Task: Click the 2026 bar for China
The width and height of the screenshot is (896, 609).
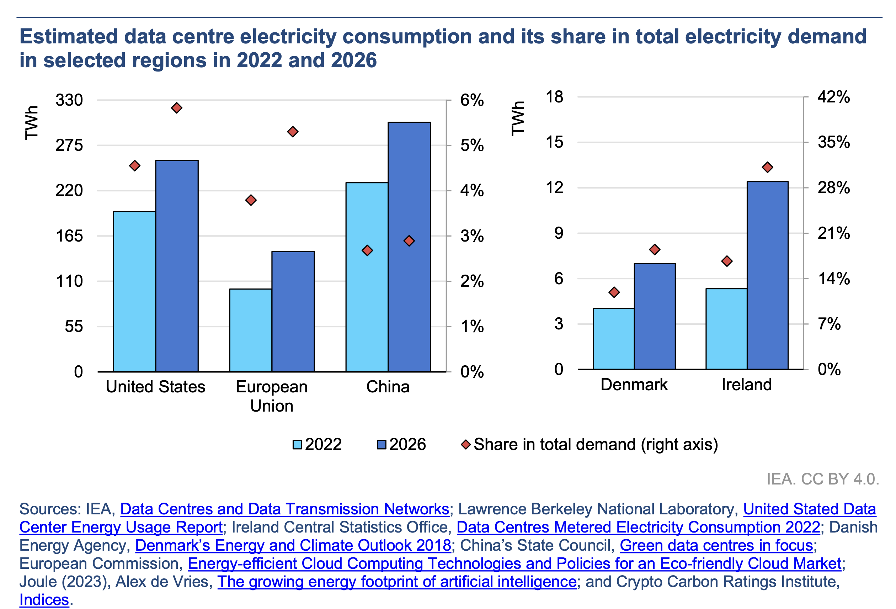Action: (409, 247)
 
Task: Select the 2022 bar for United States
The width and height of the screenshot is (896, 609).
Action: (134, 291)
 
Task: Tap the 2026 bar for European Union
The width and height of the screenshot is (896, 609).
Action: (293, 311)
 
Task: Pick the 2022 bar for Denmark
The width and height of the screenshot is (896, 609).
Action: (613, 338)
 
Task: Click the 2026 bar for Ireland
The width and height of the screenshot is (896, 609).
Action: (767, 275)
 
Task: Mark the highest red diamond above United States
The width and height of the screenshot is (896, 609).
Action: (177, 108)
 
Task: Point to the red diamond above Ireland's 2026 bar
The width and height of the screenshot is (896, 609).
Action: (767, 168)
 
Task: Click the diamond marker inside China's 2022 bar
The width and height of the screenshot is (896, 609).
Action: (367, 251)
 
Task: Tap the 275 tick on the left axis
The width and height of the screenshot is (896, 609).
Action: (69, 145)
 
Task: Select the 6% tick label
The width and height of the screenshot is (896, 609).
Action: (471, 100)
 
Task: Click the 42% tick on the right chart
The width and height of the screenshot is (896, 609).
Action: (833, 97)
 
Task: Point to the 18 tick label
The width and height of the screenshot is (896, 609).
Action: (554, 97)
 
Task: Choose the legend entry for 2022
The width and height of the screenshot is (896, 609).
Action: (317, 444)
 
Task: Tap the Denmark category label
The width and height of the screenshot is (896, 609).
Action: (634, 385)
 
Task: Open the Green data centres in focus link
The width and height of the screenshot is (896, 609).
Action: (716, 545)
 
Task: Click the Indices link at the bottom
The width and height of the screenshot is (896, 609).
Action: (44, 600)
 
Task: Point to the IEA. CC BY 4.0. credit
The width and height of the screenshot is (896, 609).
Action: (822, 479)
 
